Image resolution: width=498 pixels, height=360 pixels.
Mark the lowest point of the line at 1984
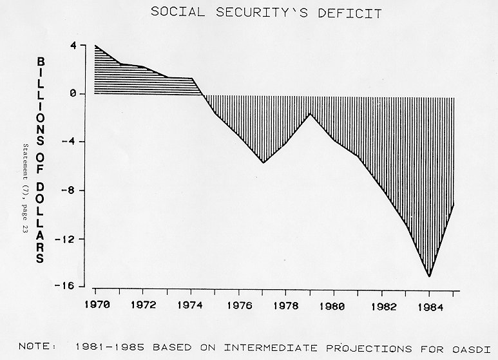click(x=429, y=276)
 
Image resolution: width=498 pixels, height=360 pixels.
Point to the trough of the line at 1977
click(x=263, y=163)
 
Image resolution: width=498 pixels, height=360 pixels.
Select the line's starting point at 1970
click(x=95, y=46)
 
